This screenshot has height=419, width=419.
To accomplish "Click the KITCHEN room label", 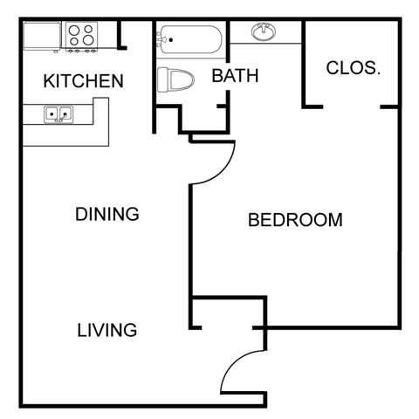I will [83, 81].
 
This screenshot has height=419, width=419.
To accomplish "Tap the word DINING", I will [106, 214].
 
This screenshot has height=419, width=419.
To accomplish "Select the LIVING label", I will [106, 330].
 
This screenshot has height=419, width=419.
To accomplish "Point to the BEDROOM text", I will [295, 219].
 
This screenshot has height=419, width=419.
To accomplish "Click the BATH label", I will [235, 76].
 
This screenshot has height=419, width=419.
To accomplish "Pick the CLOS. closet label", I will [353, 68].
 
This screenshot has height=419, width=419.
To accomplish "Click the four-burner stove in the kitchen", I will [81, 36].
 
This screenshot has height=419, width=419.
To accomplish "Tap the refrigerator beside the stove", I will [42, 36].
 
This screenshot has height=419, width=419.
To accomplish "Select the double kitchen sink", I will [58, 112].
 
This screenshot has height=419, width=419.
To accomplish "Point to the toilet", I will [176, 80].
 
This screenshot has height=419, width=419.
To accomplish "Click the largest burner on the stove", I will [88, 40].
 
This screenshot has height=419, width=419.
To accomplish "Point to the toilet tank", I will [162, 80].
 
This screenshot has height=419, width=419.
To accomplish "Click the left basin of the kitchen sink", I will [52, 112].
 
